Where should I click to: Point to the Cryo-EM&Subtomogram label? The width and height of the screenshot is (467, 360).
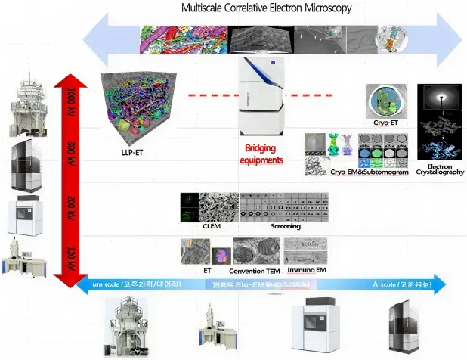tap(369, 172)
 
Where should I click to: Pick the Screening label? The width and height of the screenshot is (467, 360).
tap(286, 226)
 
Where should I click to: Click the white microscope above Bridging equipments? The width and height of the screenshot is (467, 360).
tap(261, 98)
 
